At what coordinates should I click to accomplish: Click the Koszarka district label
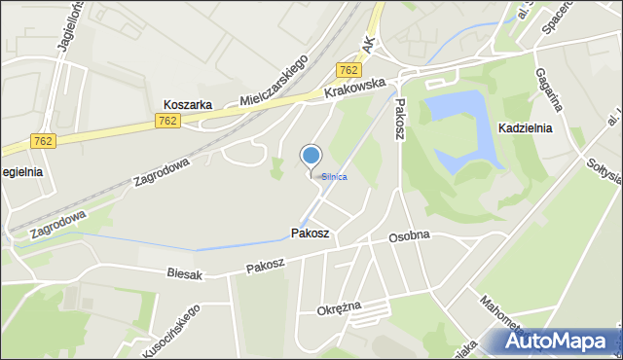(189, 104)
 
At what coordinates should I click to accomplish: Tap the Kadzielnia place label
(525, 127)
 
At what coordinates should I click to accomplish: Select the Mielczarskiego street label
(275, 81)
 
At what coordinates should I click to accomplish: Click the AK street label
(368, 44)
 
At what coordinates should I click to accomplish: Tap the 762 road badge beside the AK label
(348, 70)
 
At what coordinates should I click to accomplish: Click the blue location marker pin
(311, 156)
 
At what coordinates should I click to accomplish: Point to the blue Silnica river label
(334, 177)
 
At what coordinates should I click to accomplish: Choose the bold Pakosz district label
(311, 234)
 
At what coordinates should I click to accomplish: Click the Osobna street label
(409, 237)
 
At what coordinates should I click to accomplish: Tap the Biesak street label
(184, 274)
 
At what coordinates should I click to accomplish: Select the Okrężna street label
(339, 308)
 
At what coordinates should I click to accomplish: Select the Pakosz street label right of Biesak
(265, 265)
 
